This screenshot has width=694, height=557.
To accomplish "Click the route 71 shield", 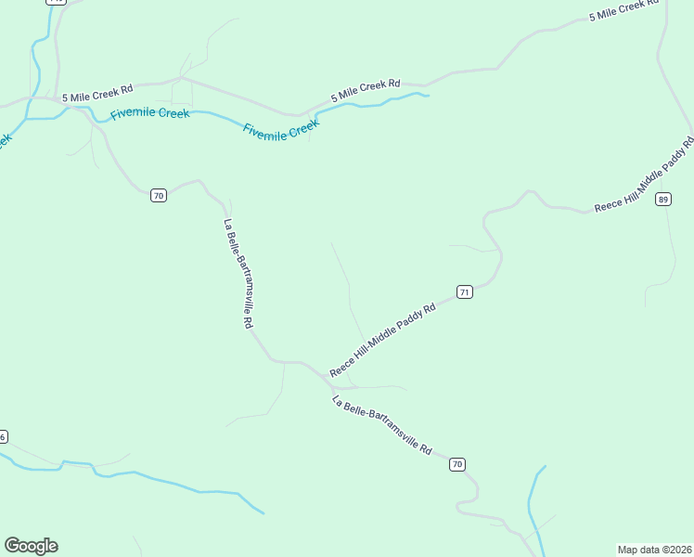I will [465, 291].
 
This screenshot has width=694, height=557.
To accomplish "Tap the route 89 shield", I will [662, 199].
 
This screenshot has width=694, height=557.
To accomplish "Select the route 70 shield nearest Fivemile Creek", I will [159, 195].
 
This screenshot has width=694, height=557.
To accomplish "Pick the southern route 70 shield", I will [456, 464].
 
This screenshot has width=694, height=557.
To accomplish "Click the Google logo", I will [31, 546].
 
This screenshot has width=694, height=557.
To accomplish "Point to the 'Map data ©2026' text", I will [655, 550].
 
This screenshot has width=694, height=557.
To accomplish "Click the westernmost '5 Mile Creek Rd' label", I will [97, 93].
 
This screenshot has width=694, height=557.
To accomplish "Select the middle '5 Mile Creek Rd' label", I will [366, 89].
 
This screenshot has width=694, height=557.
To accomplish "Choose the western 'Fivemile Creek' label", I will [149, 114].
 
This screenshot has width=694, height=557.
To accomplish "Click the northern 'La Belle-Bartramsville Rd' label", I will [238, 273].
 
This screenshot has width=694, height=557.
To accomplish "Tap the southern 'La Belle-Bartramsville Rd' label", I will [382, 425].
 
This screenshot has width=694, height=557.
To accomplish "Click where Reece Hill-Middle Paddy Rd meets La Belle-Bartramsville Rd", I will [329, 376].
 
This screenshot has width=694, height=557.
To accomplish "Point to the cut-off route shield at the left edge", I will [3, 436].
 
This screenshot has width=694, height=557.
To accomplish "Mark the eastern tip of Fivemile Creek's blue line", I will [429, 94].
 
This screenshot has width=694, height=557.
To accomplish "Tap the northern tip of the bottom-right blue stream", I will [545, 467].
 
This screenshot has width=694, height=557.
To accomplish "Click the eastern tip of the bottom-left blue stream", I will [263, 512].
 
